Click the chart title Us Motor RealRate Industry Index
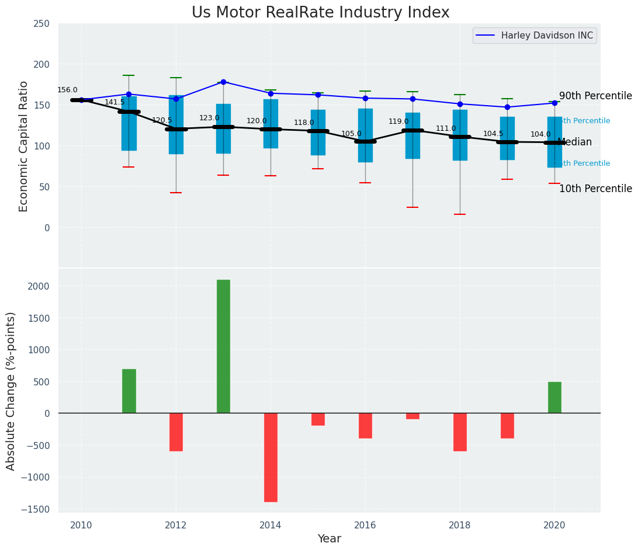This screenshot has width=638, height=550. tap(320, 13)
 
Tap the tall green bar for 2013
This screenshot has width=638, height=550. tap(223, 346)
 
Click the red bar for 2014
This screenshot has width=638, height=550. tap(271, 457)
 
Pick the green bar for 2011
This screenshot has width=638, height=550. tap(129, 391)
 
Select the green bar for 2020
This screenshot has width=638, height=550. tap(554, 398)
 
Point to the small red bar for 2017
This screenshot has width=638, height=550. tap(412, 416)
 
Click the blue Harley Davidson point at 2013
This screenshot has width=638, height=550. tap(223, 82)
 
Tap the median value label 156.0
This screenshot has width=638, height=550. tap(67, 90)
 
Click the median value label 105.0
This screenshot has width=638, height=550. tap(351, 134)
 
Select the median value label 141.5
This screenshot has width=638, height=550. tap(115, 102)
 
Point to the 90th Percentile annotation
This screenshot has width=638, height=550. tap(595, 96)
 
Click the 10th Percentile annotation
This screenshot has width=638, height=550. tap(595, 189)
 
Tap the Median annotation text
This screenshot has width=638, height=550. tap(575, 142)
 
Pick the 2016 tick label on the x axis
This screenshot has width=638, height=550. tap(365, 525)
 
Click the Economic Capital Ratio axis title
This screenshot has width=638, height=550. tap(24, 146)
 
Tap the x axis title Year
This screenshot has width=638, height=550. tap(329, 539)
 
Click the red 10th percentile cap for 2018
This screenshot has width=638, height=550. tap(460, 214)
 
